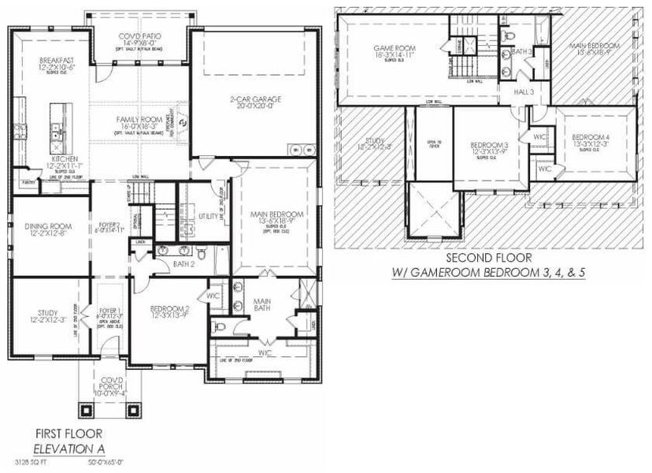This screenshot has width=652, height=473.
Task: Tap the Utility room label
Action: click(x=209, y=215)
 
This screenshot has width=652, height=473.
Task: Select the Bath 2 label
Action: click(x=183, y=265)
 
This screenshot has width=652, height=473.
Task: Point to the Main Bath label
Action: click(x=262, y=303)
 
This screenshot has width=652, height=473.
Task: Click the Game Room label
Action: click(x=395, y=49)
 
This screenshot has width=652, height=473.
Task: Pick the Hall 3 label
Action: click(x=525, y=92)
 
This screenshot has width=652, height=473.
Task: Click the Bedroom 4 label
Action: click(x=591, y=138)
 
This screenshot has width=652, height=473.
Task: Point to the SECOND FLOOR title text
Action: click(x=490, y=258)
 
